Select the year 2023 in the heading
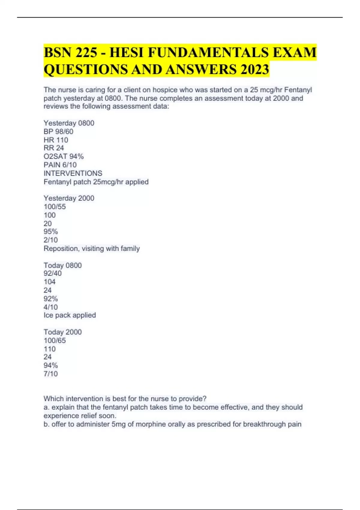(x=254, y=70)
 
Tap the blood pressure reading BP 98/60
(x=58, y=131)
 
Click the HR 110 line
(x=56, y=140)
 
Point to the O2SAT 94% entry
(x=64, y=156)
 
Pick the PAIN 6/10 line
(x=60, y=165)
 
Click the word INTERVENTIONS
(x=73, y=173)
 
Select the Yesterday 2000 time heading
(x=69, y=198)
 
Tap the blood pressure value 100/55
(x=55, y=206)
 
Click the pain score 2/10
(x=51, y=240)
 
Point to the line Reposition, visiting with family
(x=91, y=248)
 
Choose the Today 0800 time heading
(x=62, y=265)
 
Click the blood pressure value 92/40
(x=52, y=273)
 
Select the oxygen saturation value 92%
(x=51, y=298)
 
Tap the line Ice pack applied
(x=70, y=315)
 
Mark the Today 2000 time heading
(x=62, y=332)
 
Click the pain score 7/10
(x=51, y=373)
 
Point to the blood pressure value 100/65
(x=55, y=340)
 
